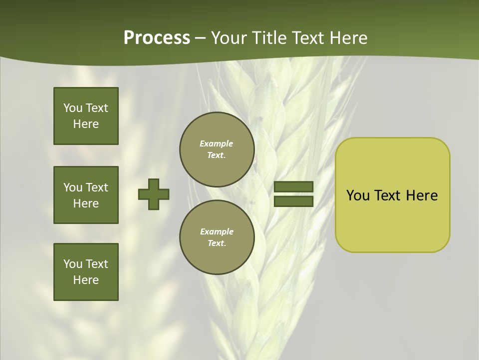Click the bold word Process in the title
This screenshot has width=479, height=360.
tap(157, 38)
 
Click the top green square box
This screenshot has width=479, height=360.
tap(86, 116)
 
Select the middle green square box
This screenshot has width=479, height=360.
tap(86, 195)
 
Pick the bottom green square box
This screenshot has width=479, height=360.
tap(86, 272)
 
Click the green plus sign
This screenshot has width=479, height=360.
tap(154, 194)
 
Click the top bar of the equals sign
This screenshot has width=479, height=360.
tap(293, 187)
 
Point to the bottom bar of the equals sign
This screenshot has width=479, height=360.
tap(293, 201)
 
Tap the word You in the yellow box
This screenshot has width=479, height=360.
tap(358, 195)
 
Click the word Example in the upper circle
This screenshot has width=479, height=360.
tap(217, 143)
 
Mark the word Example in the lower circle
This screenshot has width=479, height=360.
tap(217, 231)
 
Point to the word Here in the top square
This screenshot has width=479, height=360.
tap(86, 124)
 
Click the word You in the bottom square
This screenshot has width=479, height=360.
tap(73, 264)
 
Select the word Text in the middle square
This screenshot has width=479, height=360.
tap(96, 187)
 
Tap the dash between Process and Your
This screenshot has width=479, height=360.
tap(201, 38)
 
